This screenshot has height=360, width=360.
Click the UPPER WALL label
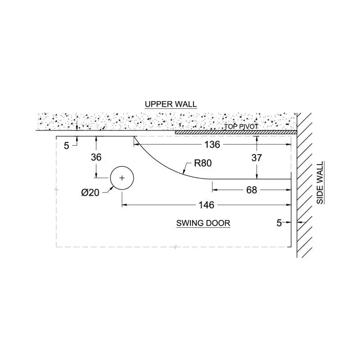pyautogui.click(x=171, y=104)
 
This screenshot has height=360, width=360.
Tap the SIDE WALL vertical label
pyautogui.click(x=319, y=183)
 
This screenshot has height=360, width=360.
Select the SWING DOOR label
pyautogui.click(x=203, y=223)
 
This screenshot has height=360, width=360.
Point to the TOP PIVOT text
pyautogui.click(x=241, y=126)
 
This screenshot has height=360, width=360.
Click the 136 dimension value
pyautogui.click(x=212, y=144)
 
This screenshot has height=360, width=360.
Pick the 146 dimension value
pyautogui.click(x=207, y=205)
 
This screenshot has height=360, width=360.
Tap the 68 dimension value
pyautogui.click(x=252, y=190)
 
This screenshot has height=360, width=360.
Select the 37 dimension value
pyautogui.click(x=256, y=158)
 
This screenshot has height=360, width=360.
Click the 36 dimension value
pyautogui.click(x=96, y=157)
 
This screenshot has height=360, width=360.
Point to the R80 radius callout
pyautogui.click(x=203, y=163)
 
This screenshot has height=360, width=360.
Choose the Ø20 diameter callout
pyautogui.click(x=90, y=193)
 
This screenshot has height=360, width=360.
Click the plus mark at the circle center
pyautogui.click(x=122, y=178)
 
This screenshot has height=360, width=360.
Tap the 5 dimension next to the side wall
pyautogui.click(x=279, y=223)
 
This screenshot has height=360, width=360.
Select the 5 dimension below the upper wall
pyautogui.click(x=66, y=146)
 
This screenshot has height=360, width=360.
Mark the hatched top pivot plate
pyautogui.click(x=236, y=132)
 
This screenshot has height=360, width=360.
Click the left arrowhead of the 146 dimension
pyautogui.click(x=125, y=205)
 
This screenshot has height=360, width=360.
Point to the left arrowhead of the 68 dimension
pyautogui.click(x=215, y=190)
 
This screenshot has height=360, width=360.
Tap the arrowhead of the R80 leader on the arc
pyautogui.click(x=184, y=171)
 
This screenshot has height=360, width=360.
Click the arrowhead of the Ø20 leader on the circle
pyautogui.click(x=112, y=188)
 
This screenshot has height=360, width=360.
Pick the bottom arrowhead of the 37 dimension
pyautogui.click(x=256, y=176)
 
